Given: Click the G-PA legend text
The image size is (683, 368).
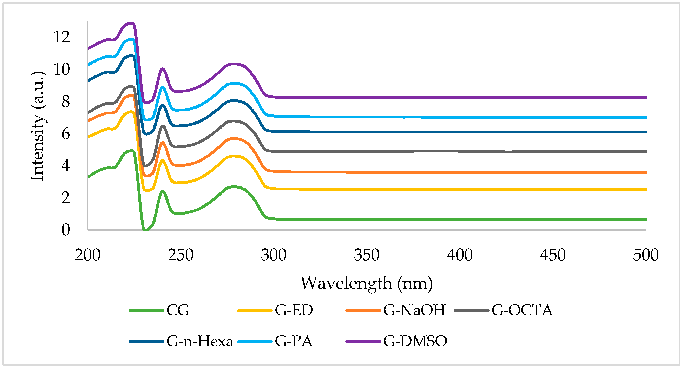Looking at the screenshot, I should pos(294,341).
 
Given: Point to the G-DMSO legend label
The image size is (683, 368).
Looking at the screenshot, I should pos(415,341).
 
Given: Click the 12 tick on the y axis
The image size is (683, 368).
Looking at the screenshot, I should pos(61,37).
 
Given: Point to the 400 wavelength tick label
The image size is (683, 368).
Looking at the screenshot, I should pos(460,255).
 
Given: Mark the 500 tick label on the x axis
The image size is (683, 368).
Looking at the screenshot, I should pos(646,255).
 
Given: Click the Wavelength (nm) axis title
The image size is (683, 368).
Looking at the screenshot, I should pos(367,283).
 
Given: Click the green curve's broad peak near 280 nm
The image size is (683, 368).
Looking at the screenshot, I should pos(233,187).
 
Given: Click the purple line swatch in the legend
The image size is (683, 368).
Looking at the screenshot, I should pos(363,341).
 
